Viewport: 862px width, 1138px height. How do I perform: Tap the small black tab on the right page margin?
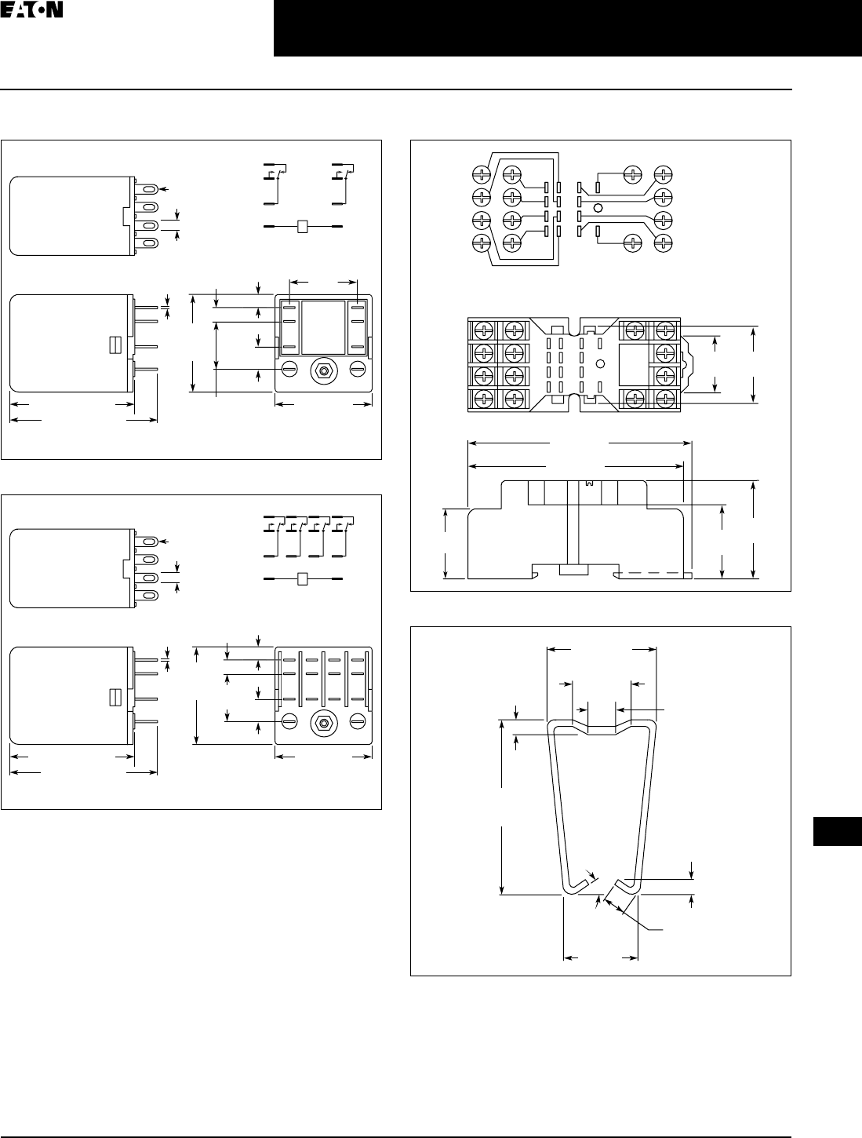point(837,832)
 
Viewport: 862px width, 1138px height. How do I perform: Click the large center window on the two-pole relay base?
point(324,326)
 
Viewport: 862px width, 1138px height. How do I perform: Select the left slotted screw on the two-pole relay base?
point(289,367)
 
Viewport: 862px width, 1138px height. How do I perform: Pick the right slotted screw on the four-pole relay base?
point(358,720)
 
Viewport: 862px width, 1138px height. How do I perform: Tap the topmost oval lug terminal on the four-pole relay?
point(149,542)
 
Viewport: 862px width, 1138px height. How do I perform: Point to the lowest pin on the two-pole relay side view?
point(146,369)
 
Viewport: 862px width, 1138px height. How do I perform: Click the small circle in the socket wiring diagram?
point(598,208)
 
